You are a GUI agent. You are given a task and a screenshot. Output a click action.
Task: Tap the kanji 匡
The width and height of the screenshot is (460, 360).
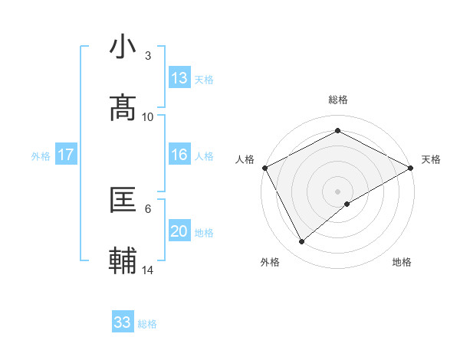click(123, 200)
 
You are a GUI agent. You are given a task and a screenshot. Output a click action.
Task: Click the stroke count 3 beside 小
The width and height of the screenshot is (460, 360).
click(147, 56)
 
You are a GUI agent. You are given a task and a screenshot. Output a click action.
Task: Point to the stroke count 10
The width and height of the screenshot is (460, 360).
click(148, 116)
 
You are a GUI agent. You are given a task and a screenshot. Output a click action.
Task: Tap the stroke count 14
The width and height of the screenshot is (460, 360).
click(148, 270)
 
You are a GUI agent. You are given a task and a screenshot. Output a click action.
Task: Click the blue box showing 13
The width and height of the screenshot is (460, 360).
click(179, 78)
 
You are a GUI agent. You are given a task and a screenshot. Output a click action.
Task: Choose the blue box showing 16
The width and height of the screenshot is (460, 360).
click(179, 155)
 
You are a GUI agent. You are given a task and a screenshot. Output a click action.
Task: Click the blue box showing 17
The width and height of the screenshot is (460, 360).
click(66, 155)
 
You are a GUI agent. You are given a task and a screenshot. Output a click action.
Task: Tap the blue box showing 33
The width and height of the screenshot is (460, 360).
click(123, 322)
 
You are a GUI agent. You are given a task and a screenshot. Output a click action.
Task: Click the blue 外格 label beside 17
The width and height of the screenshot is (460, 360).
click(41, 156)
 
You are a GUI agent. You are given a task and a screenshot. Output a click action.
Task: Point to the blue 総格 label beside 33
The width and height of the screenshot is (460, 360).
click(147, 324)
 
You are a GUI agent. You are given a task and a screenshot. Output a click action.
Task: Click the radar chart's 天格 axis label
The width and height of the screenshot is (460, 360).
click(431, 159)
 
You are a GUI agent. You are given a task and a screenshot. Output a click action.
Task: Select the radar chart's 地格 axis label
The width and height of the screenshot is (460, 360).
click(402, 263)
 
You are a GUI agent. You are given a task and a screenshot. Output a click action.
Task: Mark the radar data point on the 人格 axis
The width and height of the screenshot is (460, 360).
click(264, 168)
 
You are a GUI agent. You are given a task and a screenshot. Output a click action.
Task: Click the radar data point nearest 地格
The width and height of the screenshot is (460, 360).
click(347, 204)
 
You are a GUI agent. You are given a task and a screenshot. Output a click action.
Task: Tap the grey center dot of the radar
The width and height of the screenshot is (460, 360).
click(337, 190)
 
